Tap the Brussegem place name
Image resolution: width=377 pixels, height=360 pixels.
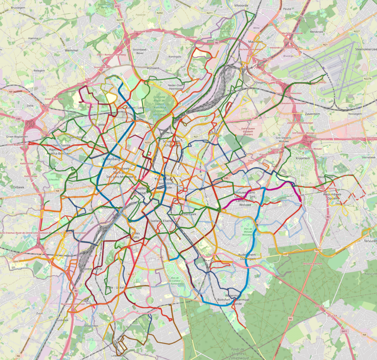point(18,7)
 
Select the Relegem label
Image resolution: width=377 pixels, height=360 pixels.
point(39,70)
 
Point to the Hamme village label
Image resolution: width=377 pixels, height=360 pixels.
point(33,38)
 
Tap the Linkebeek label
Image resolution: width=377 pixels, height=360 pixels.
point(118,356)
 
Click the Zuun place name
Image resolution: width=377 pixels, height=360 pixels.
point(40,313)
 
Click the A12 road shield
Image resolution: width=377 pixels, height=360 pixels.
point(117,6)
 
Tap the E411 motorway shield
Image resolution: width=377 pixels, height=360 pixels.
point(345,331)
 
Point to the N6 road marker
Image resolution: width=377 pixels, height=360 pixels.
point(18,356)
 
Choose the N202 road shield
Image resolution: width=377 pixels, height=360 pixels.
point(159,13)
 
